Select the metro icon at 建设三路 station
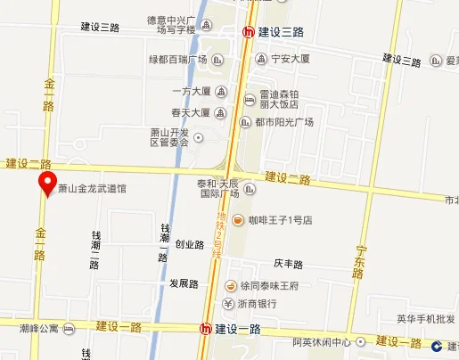click(x=250, y=32)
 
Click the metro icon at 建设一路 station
click(x=207, y=329)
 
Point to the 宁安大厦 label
click(x=290, y=60)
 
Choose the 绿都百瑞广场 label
click(x=177, y=60)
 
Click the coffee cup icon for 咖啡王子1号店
click(x=238, y=220)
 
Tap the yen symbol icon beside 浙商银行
click(x=228, y=303)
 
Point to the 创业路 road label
click(x=189, y=244)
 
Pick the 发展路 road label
click(x=184, y=284)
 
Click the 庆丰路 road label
click(x=289, y=265)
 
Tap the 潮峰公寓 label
click(x=39, y=328)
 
